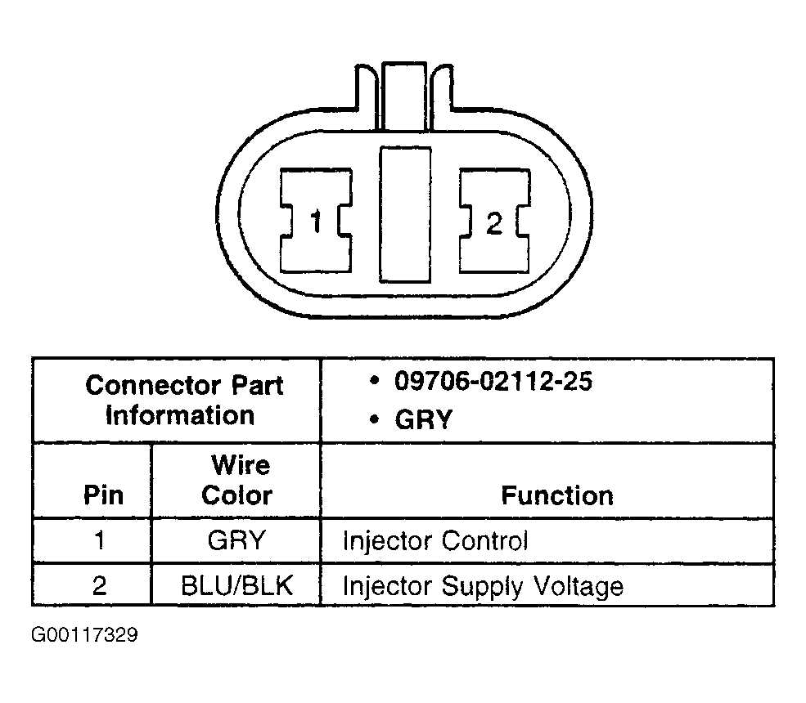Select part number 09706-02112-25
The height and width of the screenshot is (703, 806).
[493, 382]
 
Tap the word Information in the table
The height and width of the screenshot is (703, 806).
[180, 414]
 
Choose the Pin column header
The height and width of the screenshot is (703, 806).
[104, 495]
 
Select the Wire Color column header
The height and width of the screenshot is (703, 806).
[237, 481]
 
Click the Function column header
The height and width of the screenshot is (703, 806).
[556, 495]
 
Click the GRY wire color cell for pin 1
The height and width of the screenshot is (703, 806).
[236, 540]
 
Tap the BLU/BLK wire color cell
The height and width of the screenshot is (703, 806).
[236, 585]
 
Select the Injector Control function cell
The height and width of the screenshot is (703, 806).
[435, 540]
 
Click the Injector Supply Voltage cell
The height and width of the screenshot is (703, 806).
[482, 585]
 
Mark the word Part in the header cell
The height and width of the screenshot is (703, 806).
[254, 385]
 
